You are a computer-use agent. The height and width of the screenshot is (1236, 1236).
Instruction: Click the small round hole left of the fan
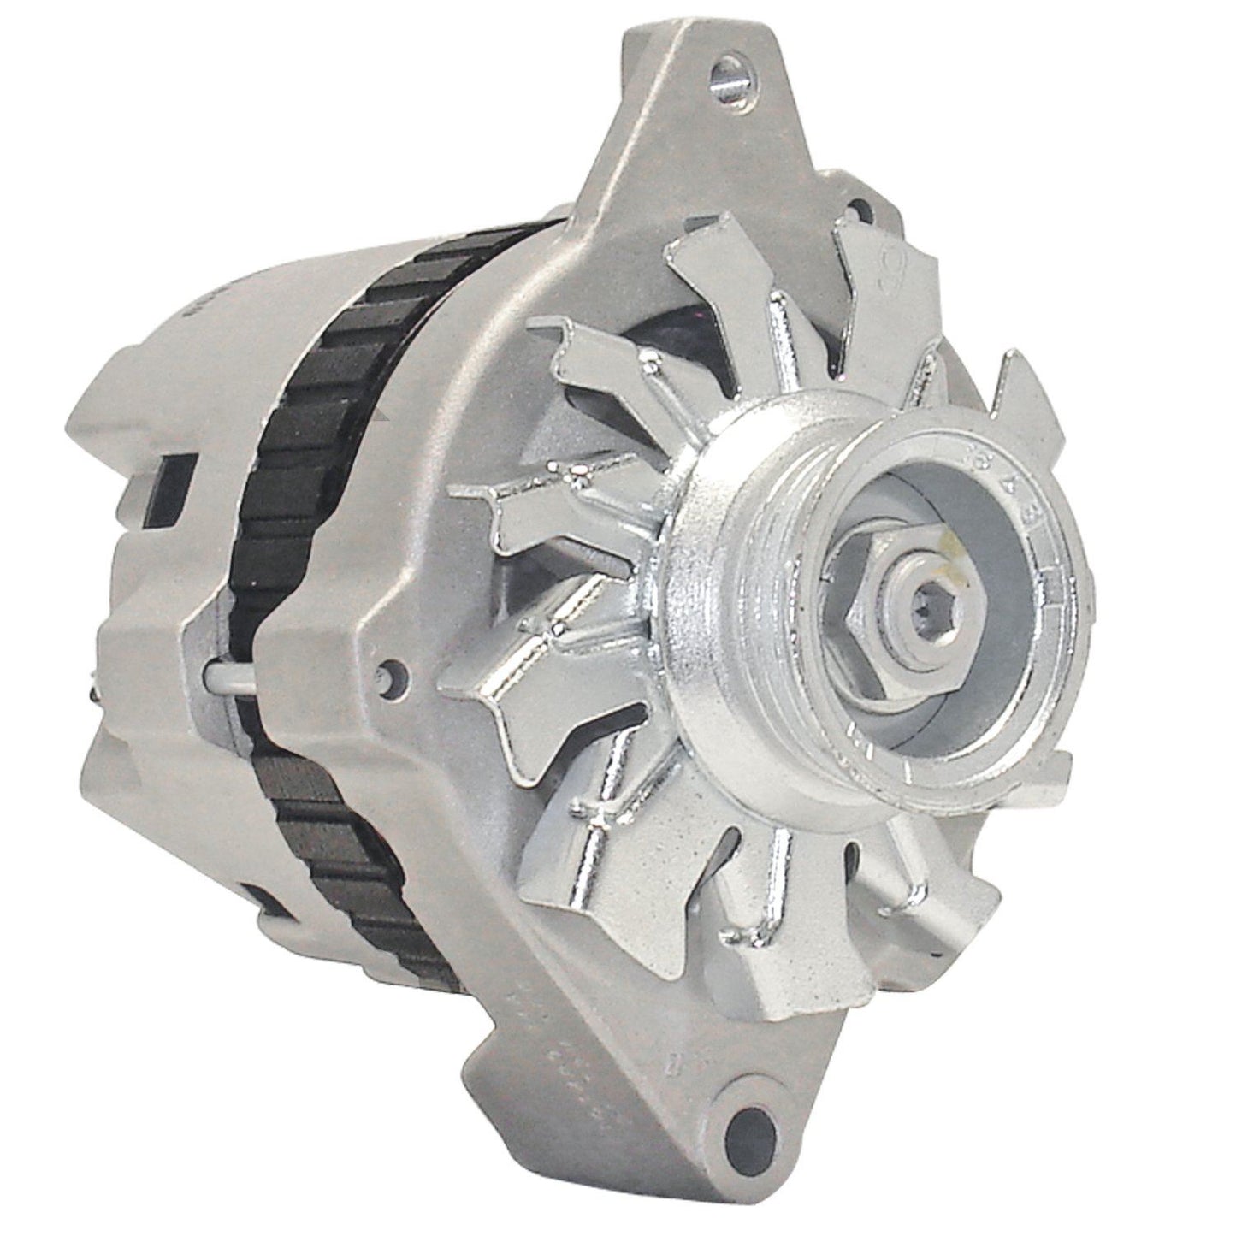pos(393,673)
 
